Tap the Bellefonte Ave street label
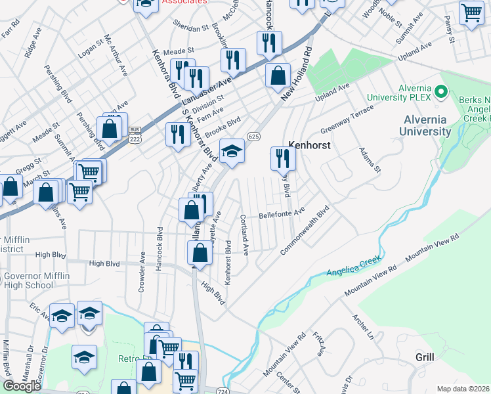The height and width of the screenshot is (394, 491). click(282, 213)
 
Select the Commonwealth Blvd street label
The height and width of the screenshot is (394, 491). click(305, 232)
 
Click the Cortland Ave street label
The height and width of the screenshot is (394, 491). click(244, 234)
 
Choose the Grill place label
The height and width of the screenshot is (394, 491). click(425, 357)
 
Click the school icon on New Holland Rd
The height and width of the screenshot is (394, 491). click(231, 151)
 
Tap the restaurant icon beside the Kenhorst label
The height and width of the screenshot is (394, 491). click(283, 158)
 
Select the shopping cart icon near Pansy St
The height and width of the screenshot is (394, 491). click(471, 13)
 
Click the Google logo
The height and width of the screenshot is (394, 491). click(22, 386)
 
